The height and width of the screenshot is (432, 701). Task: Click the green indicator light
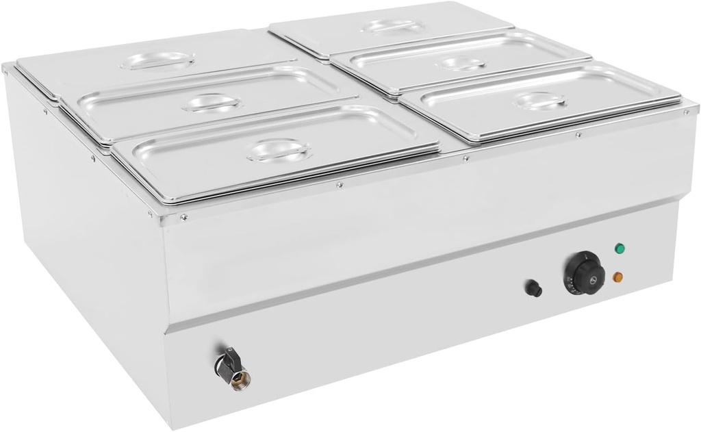click(x=620, y=249)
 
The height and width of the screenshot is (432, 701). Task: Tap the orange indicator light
click(x=618, y=277)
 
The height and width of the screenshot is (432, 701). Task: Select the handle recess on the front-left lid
click(x=279, y=149)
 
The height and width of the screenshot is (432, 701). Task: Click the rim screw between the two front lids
click(x=465, y=159)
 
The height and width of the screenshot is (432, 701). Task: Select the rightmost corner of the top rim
click(x=696, y=107)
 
